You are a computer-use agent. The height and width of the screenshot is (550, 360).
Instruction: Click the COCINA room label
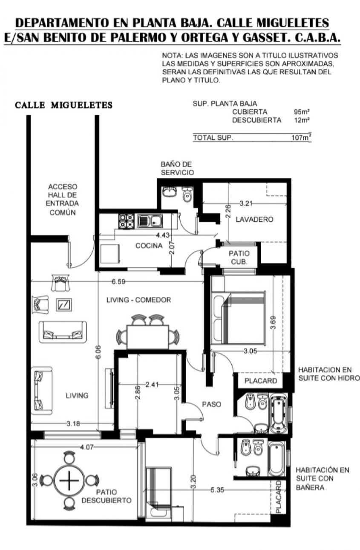149,246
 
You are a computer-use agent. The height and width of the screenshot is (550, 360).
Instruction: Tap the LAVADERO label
254,219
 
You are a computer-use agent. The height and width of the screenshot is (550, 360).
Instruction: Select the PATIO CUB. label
239,258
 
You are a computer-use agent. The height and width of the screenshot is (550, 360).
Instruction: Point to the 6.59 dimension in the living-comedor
118,282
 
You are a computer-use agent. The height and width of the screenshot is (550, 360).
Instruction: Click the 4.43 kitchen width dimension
163,235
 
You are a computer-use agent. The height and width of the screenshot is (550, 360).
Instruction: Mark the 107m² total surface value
301,137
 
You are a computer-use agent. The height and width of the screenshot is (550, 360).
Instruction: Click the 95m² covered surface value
302,112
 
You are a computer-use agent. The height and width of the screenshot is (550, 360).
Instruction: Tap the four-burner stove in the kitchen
127,221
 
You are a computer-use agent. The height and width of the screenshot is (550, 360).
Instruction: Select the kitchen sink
150,221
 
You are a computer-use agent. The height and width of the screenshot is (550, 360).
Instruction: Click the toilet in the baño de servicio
188,194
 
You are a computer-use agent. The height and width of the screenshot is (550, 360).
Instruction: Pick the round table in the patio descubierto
69,480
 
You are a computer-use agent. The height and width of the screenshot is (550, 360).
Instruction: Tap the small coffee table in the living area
64,305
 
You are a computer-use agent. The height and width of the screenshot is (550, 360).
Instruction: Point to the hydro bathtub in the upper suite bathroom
279,414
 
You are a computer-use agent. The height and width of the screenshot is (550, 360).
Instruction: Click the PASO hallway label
212,404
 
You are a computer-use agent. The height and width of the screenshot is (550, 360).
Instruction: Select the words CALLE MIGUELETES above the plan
63,105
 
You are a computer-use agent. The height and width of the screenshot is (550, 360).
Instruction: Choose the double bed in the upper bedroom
239,318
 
